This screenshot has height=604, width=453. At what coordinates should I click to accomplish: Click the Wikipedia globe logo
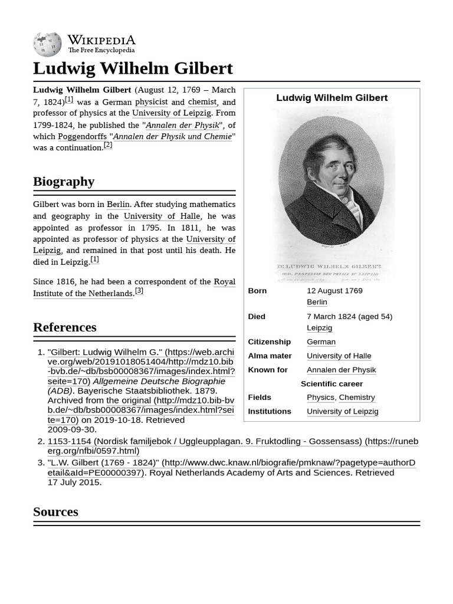[x=47, y=44]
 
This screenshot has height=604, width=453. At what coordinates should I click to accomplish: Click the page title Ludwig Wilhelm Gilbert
[x=133, y=68]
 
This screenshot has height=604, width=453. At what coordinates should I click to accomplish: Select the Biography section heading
[x=64, y=181]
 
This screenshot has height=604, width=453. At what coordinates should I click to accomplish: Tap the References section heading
[x=64, y=327]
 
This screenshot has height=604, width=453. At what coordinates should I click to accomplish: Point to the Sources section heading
[x=55, y=511]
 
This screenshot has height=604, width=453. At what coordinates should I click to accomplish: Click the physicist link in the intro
[x=151, y=102]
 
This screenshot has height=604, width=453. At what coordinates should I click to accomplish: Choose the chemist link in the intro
[x=202, y=102]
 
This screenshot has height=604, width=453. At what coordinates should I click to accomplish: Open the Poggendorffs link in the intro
[x=82, y=136]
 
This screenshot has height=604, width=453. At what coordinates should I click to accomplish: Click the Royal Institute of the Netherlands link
[x=134, y=287]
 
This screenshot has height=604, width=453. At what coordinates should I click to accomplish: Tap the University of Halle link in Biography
[x=162, y=216]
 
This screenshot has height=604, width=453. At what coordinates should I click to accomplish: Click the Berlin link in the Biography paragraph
[x=118, y=204]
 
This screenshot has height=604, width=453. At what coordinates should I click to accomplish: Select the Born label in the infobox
[x=257, y=291]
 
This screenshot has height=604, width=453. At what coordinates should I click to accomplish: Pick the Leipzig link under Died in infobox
[x=319, y=327]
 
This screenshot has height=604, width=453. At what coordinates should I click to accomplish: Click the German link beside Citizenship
[x=321, y=342]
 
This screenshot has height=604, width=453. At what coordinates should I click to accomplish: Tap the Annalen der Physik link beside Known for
[x=341, y=370]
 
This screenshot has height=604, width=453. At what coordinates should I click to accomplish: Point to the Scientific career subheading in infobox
[x=331, y=383]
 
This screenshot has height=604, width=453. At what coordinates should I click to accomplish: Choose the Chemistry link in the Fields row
[x=356, y=398]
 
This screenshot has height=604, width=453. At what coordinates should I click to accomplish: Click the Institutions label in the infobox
[x=270, y=411]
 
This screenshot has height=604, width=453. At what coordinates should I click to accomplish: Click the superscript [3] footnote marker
[x=139, y=290]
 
